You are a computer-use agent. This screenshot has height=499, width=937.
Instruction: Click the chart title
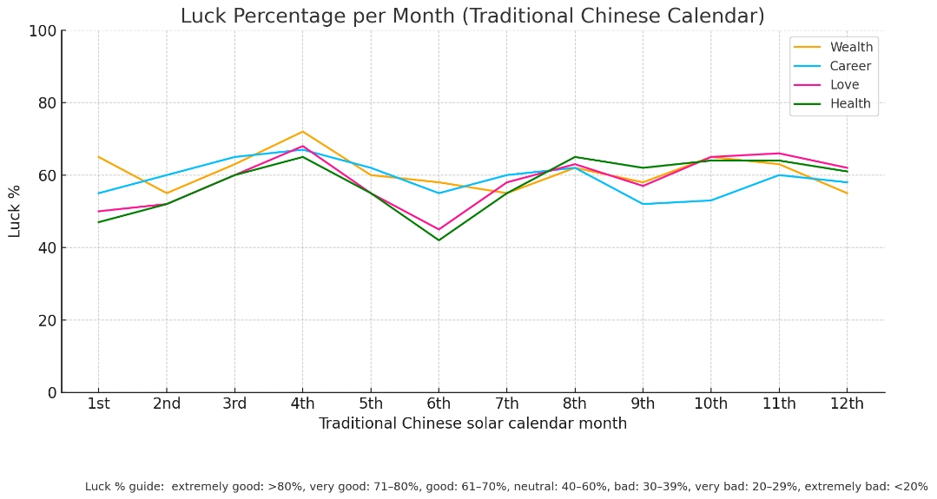click(x=472, y=16)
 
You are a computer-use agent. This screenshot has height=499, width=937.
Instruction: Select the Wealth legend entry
click(x=850, y=48)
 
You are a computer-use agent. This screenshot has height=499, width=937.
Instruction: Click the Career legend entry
click(x=849, y=67)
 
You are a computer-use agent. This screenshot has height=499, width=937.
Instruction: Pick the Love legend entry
click(x=844, y=85)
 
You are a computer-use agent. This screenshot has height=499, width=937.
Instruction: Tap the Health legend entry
click(x=849, y=104)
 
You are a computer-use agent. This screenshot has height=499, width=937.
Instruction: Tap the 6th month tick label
click(x=439, y=404)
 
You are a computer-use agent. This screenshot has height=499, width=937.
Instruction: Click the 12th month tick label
click(x=847, y=404)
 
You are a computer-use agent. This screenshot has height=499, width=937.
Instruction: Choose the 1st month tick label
click(x=98, y=404)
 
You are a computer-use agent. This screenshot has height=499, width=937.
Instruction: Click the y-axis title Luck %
click(x=15, y=211)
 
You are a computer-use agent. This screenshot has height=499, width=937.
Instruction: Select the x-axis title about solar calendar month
click(x=472, y=424)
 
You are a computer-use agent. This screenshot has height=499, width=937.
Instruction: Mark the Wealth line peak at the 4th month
click(x=302, y=132)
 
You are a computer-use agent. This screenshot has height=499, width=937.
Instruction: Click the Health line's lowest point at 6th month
click(x=439, y=240)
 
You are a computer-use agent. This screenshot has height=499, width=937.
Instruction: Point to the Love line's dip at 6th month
click(x=439, y=229)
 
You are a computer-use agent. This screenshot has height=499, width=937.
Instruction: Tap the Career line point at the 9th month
click(x=643, y=204)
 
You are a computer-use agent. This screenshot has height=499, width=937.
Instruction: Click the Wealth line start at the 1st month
click(x=98, y=157)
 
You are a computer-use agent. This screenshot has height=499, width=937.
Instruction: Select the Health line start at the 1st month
click(x=98, y=222)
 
